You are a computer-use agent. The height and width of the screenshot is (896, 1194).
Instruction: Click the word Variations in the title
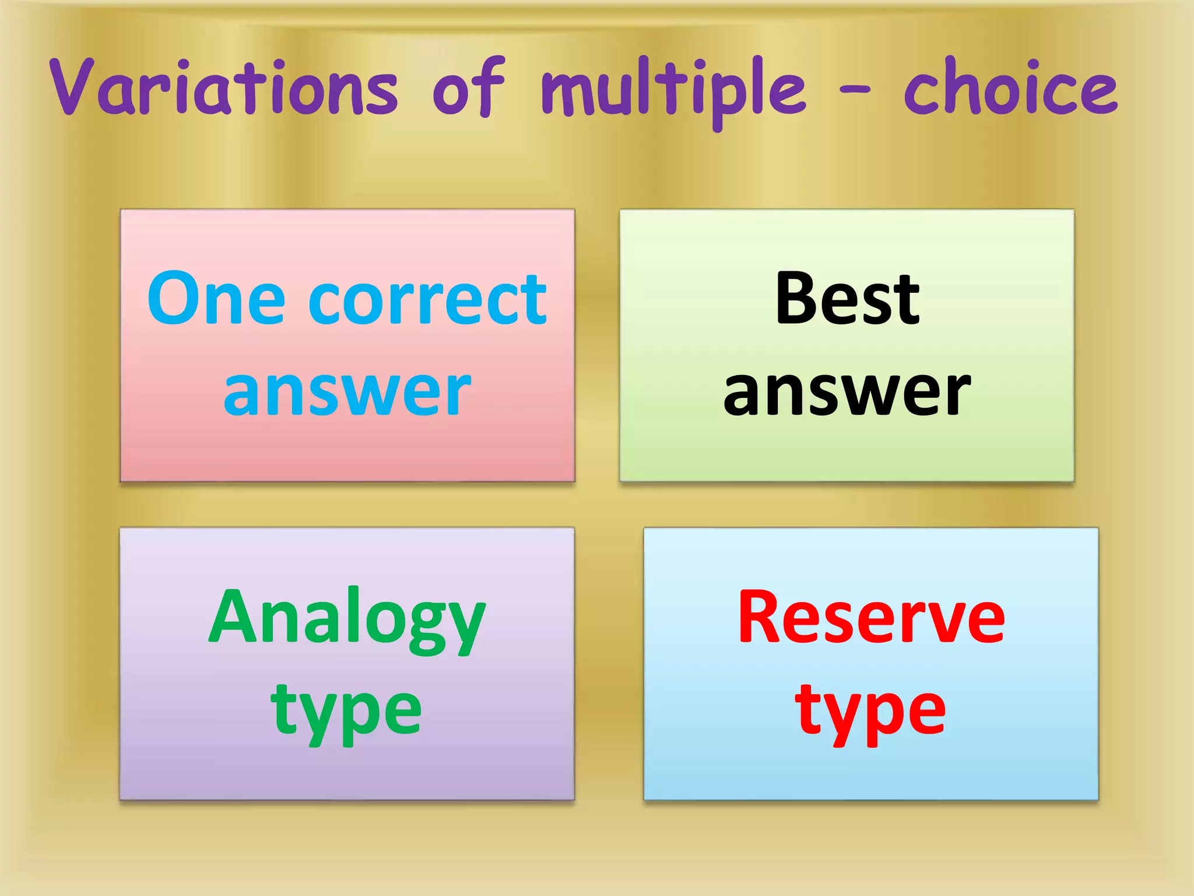pos(224,87)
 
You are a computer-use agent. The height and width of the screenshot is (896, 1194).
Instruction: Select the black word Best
pos(847,299)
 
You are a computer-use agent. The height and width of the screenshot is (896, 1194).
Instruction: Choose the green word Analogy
pos(347,618)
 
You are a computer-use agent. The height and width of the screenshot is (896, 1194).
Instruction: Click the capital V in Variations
pos(73,86)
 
